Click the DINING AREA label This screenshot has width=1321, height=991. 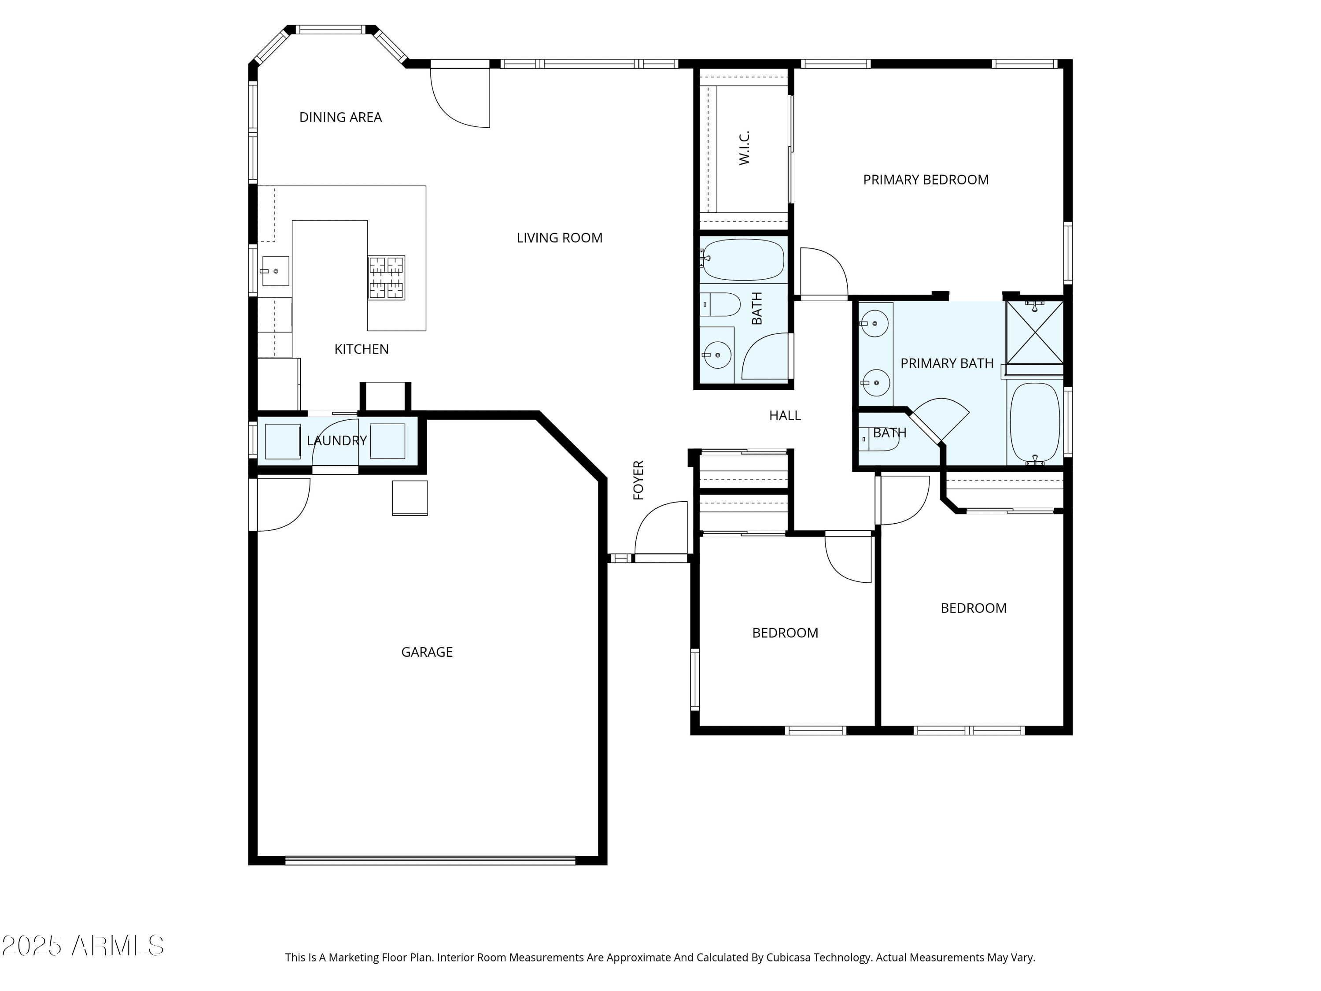coord(340,117)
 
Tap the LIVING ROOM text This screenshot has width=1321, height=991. coord(560,238)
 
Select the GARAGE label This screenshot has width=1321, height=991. coord(427,652)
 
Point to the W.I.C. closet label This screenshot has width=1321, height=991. coord(744,148)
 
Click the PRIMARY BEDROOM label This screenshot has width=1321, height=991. coord(926,180)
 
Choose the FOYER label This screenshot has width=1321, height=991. coord(638,480)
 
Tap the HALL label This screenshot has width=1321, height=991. coord(785,416)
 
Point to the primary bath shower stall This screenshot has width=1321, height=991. coord(1035,333)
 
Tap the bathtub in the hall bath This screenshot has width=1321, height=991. coord(742,260)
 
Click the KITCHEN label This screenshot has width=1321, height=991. coord(362,349)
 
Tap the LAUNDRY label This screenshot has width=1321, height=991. coord(337,441)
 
